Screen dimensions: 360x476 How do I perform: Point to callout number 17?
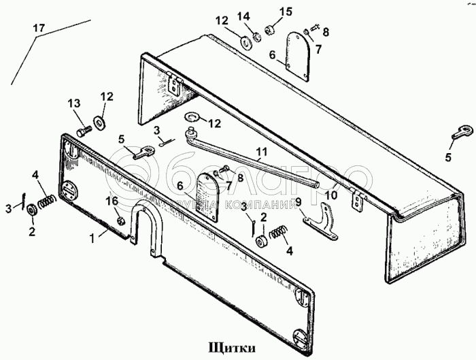(39, 29)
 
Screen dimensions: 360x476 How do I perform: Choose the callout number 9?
(296, 201)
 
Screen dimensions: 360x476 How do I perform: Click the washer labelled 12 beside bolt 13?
(101, 122)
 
